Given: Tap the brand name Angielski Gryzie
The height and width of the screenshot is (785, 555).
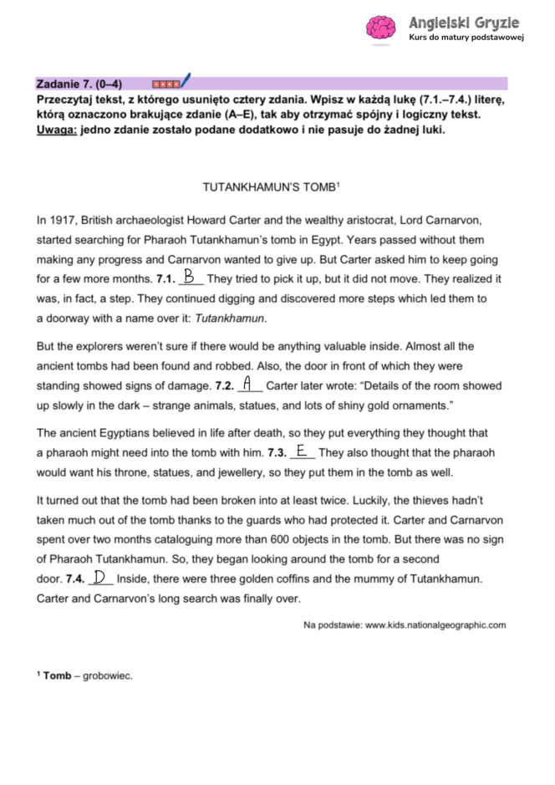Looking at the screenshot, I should pyautogui.click(x=463, y=22).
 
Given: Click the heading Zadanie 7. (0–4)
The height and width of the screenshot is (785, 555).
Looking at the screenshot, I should pyautogui.click(x=79, y=84).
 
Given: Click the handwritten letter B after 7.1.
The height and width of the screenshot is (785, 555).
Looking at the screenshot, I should pyautogui.click(x=190, y=275).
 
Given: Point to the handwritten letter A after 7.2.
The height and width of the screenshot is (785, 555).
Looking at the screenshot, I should pyautogui.click(x=247, y=385).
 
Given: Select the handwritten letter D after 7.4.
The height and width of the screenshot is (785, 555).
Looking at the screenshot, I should pyautogui.click(x=100, y=578).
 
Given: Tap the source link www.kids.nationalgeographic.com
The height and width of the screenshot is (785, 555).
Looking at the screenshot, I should pyautogui.click(x=435, y=624).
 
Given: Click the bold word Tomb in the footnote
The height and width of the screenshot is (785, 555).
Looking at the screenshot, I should pyautogui.click(x=58, y=675).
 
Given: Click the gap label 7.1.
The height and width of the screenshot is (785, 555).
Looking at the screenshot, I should pyautogui.click(x=165, y=277).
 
